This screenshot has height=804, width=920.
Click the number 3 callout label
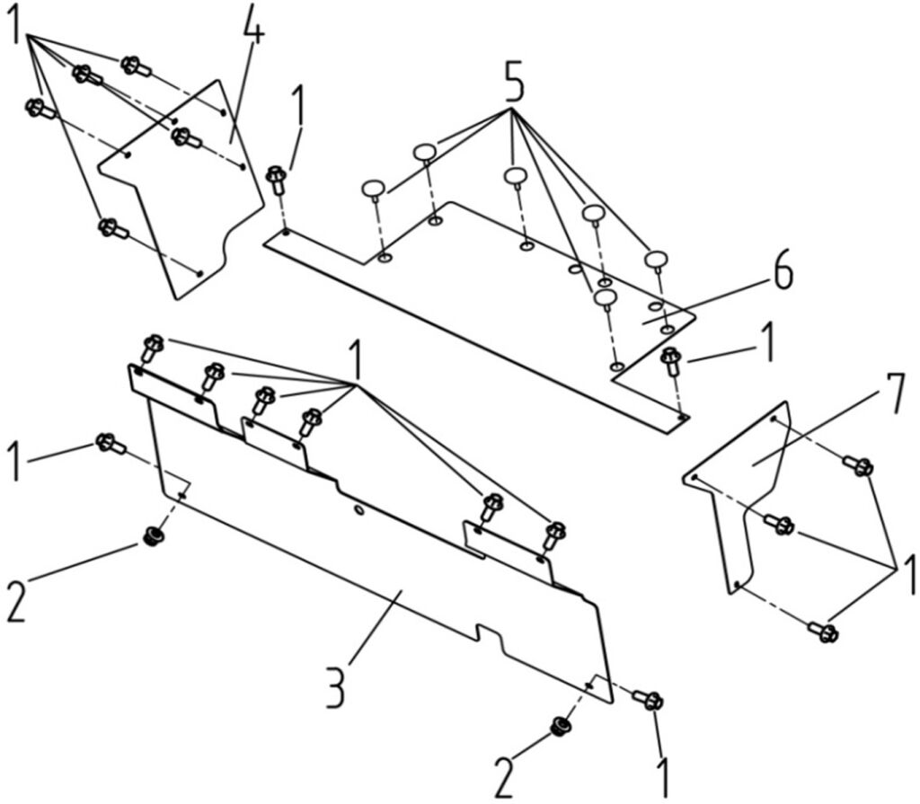click(x=336, y=686)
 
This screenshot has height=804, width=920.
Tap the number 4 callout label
click(x=250, y=30)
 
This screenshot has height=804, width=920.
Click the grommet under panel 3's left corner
click(x=155, y=536)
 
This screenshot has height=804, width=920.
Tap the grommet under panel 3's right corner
click(x=561, y=726)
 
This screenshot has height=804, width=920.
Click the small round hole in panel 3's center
click(x=358, y=510)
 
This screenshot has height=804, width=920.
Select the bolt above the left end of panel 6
click(x=277, y=180)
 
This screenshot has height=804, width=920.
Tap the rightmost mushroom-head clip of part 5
click(x=657, y=261)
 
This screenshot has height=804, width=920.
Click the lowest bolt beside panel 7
click(x=824, y=632)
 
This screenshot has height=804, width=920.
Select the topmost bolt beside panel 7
click(x=858, y=465)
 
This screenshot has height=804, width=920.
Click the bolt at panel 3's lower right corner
click(x=648, y=699)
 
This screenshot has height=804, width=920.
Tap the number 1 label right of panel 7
click(x=908, y=575)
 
